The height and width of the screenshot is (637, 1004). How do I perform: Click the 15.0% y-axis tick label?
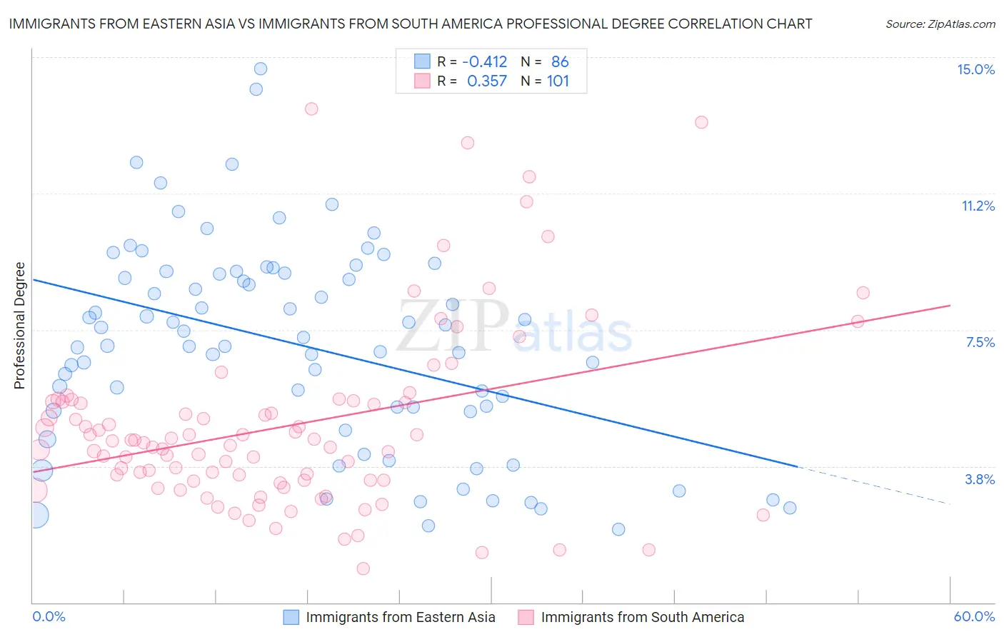pos(975,69)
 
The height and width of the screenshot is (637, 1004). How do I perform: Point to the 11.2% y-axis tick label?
pos(978,206)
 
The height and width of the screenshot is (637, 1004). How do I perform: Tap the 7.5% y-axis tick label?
pos(980,342)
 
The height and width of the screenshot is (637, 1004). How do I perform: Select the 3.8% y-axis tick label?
pos(980,479)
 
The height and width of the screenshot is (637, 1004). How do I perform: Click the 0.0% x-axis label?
pos(49,616)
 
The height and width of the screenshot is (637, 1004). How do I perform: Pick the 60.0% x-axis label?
pos(974,616)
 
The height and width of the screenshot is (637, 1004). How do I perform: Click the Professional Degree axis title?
pos(19,326)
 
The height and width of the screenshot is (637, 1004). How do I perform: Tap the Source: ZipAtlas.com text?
pos(940,24)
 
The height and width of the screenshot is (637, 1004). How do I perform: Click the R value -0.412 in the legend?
pos(484,62)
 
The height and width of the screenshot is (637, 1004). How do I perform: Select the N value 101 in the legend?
pos(558,81)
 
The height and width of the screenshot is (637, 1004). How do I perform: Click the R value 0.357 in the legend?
pos(486,81)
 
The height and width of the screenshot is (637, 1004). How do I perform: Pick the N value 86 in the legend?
pos(560,62)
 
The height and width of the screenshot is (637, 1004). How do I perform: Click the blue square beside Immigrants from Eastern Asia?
pos(291,617)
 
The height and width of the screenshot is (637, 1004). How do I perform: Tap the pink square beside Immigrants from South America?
pos(526,617)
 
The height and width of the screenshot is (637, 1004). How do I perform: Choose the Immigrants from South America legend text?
pos(642,617)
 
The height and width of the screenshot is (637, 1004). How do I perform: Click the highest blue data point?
pos(261,69)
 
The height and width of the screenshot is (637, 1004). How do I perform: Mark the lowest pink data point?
pos(363,568)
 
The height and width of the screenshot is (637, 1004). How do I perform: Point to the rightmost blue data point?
pos(790,508)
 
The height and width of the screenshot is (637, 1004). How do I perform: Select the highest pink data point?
pos(311,109)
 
